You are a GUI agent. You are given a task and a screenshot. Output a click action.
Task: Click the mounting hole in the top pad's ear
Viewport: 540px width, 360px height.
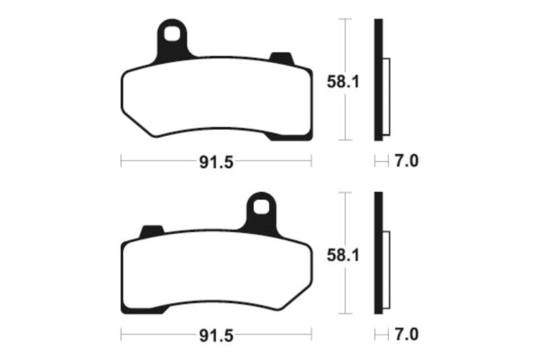point(171,34)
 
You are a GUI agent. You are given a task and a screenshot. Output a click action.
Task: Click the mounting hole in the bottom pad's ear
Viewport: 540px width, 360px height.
point(261,207)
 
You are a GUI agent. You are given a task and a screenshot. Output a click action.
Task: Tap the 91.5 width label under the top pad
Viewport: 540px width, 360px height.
point(216,162)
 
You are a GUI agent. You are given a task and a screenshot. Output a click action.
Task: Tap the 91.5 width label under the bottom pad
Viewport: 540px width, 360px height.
point(216,336)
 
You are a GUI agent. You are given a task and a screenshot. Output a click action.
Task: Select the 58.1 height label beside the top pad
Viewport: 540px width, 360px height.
point(343,82)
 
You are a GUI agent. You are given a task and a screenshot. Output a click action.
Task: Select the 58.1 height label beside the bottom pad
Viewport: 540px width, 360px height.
point(343,255)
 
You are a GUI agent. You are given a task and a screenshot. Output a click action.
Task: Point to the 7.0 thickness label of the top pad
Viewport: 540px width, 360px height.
point(406,161)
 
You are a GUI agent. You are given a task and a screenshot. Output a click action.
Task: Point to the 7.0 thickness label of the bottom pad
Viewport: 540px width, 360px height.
point(406,334)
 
